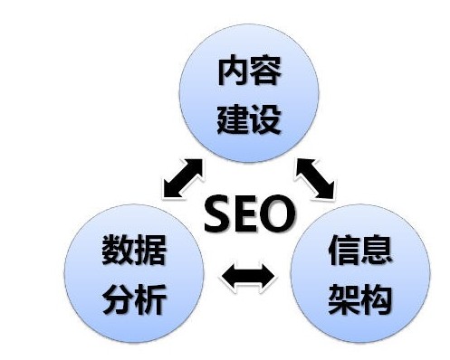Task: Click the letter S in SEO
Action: pos(217,215)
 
